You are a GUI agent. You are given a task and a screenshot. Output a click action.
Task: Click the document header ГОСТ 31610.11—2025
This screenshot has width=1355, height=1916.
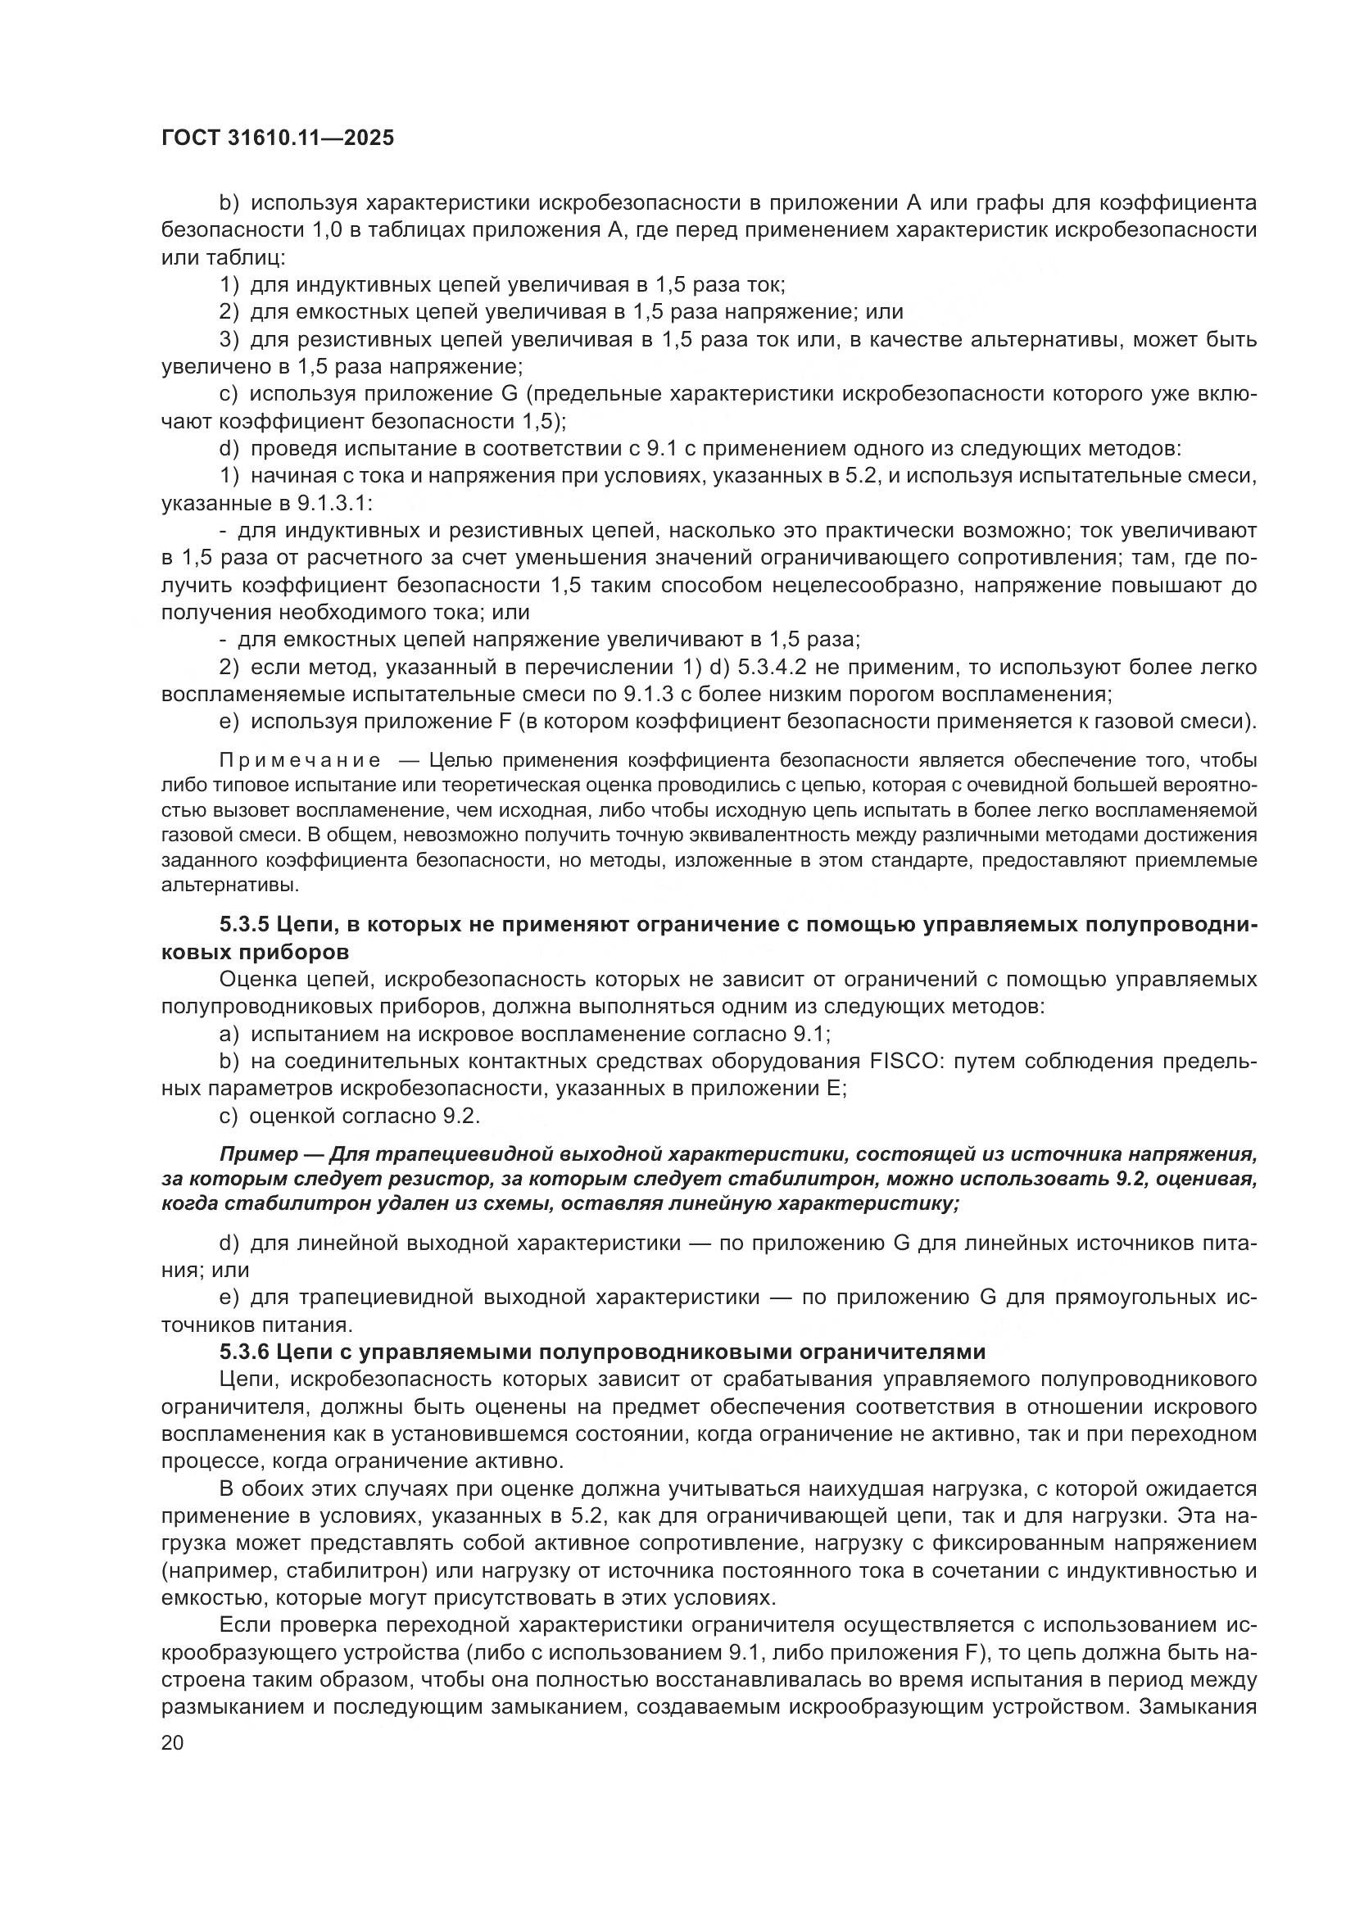coord(277,138)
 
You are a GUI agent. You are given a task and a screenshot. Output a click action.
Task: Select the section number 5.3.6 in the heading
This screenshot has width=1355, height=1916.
coord(243,1352)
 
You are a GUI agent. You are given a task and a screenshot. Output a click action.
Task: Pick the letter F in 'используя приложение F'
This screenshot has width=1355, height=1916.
coord(504,722)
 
